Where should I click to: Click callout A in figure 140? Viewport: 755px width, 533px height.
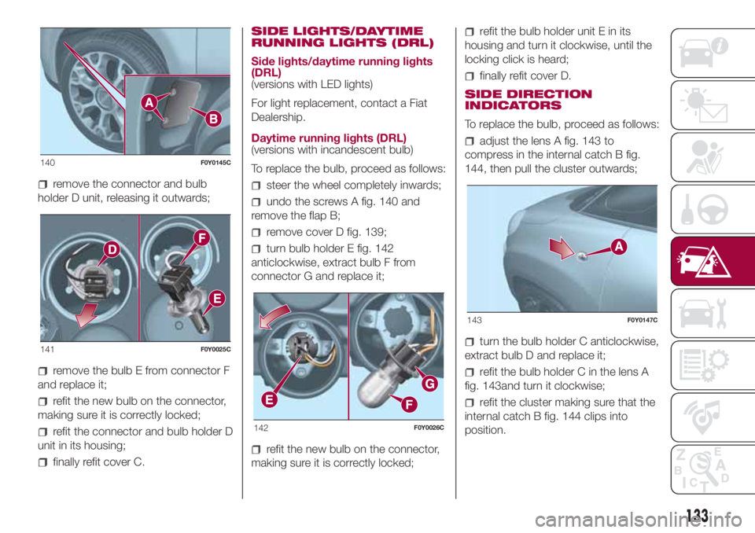[149, 102]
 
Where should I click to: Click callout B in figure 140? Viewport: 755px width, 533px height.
[214, 119]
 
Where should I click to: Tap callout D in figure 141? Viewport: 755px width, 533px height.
[112, 249]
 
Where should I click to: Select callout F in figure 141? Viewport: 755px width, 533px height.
[202, 238]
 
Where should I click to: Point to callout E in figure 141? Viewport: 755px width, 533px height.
[217, 299]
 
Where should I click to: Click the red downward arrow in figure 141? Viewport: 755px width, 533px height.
[87, 314]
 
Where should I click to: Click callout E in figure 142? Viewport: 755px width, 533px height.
[269, 399]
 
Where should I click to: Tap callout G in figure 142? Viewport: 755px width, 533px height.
[429, 384]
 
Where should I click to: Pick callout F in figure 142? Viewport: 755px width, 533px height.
[409, 404]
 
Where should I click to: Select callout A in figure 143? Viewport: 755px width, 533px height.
[619, 247]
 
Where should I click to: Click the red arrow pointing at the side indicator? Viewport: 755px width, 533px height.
[562, 248]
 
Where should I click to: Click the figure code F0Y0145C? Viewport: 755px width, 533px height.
[215, 163]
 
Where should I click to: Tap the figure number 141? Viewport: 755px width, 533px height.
[48, 349]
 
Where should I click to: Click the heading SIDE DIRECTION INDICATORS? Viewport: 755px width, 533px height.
[528, 100]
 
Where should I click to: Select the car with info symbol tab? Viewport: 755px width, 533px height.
[704, 52]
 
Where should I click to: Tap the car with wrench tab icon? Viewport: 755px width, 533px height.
[703, 314]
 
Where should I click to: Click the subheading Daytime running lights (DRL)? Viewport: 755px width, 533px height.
[329, 138]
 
